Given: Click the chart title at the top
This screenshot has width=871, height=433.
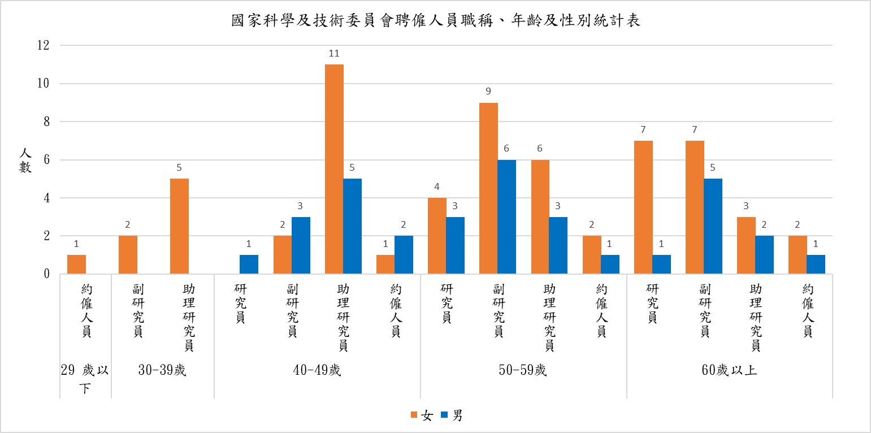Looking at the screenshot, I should click(x=435, y=21).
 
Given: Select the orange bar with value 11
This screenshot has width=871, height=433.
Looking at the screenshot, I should click(x=334, y=169).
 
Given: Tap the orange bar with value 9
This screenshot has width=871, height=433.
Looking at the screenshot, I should click(x=488, y=188).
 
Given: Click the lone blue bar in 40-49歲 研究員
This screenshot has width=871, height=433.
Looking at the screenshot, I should click(x=249, y=265).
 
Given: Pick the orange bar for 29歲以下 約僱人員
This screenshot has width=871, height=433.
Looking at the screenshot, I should click(x=76, y=265).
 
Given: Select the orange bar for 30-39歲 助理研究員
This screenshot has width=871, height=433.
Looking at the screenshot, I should click(x=179, y=226).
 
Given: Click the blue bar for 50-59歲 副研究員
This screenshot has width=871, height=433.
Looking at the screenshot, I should click(x=507, y=217).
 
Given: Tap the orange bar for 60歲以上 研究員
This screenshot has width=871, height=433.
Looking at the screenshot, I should click(x=643, y=207).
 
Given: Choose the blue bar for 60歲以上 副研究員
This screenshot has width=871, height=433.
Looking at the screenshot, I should click(x=713, y=226).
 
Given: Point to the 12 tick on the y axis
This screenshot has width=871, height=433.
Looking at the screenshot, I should click(x=42, y=45).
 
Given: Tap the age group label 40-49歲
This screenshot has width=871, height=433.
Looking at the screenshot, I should click(x=317, y=371).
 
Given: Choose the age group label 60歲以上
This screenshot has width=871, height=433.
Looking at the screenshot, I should click(x=729, y=371).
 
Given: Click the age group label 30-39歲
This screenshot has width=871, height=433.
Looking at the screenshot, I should click(x=162, y=371).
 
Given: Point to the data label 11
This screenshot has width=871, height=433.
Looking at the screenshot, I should click(x=333, y=54).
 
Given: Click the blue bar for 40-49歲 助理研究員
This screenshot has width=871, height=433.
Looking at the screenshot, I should click(x=352, y=226).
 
